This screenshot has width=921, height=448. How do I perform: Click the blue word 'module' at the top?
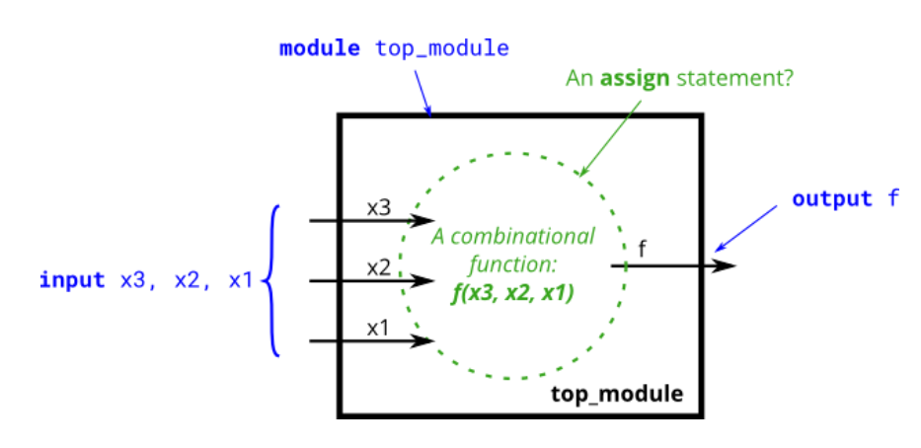pyautogui.click(x=320, y=48)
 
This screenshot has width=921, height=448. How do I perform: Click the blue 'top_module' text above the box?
pyautogui.click(x=442, y=48)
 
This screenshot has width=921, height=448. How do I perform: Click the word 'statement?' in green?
pyautogui.click(x=734, y=77)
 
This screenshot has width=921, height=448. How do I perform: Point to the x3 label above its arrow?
pyautogui.click(x=379, y=208)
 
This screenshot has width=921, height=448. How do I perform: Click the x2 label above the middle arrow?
pyautogui.click(x=379, y=267)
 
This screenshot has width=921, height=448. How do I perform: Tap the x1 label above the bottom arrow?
pyautogui.click(x=379, y=329)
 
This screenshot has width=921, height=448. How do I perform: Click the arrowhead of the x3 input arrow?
pyautogui.click(x=425, y=220)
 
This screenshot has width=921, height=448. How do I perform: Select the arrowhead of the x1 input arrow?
pyautogui.click(x=425, y=341)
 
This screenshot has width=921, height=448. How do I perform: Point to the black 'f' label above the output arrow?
pyautogui.click(x=643, y=249)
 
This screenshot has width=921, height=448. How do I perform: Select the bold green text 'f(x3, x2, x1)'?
pyautogui.click(x=512, y=291)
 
